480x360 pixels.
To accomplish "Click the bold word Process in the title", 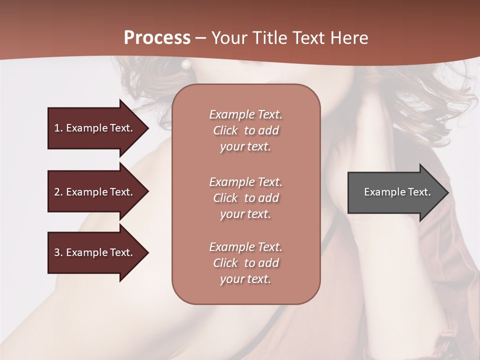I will pos(157,37).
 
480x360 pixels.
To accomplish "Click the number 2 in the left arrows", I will pos(57,192).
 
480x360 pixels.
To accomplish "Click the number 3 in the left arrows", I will pos(57,252).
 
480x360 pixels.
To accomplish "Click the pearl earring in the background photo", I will pos(186,64).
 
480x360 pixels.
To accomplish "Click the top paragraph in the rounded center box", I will pos(245,130).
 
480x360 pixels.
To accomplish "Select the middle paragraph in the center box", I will pos(245,197).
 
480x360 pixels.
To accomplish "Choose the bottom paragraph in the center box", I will pos(245,263).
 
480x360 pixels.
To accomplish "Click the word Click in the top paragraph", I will pos(225,130).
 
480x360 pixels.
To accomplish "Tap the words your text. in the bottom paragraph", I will pos(245,279).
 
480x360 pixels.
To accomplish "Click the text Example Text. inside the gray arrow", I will pos(397,192).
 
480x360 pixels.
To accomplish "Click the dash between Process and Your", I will pos(200,37).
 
